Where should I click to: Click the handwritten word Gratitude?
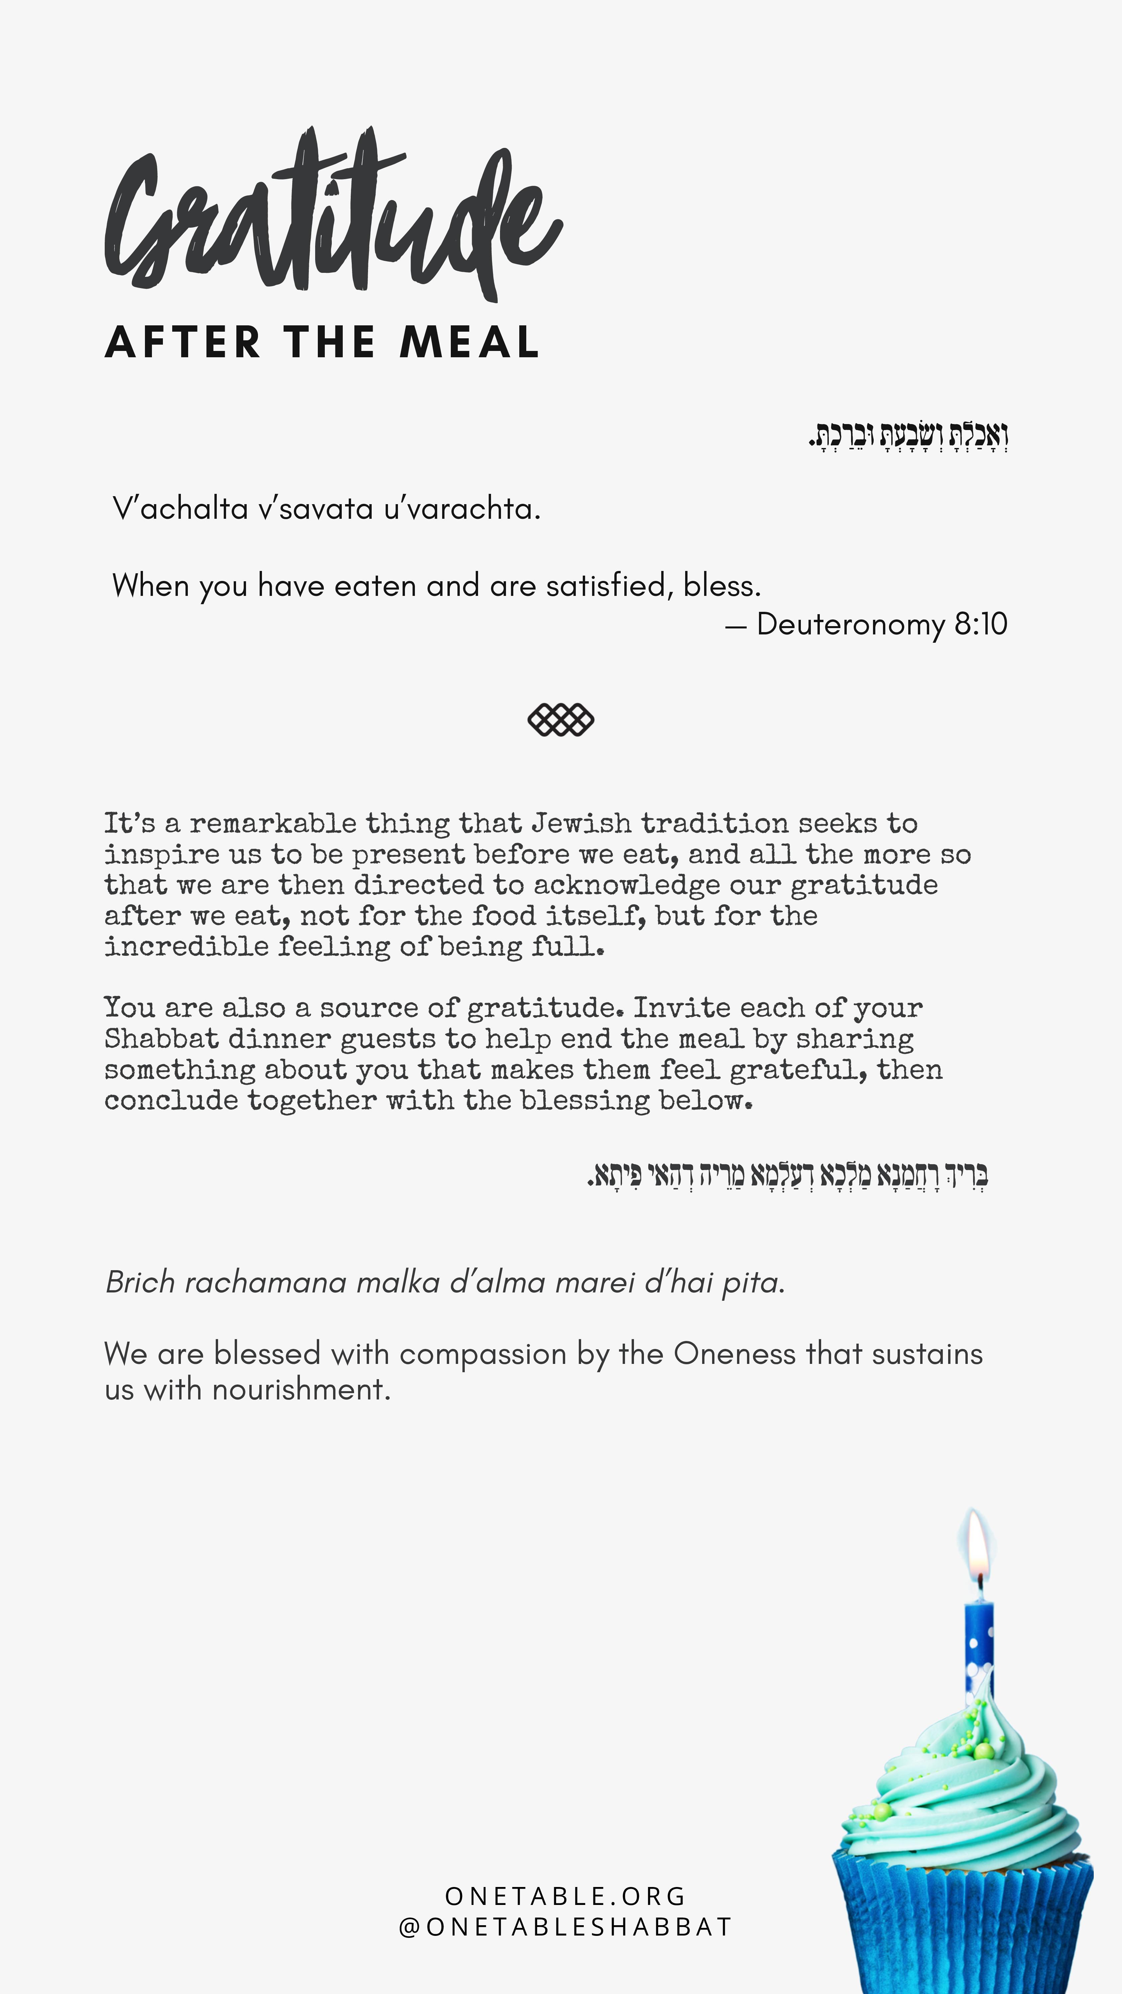point(333,217)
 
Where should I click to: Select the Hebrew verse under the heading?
point(908,436)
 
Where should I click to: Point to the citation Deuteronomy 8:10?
point(881,624)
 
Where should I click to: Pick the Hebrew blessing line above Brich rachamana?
point(788,1175)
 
